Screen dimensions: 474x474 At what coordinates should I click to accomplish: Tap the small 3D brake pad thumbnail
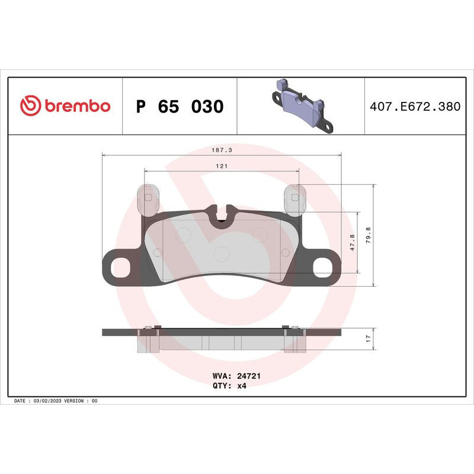point(301,107)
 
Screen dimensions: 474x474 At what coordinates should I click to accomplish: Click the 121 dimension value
point(222,166)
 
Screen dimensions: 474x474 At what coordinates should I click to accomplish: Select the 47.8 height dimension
point(353,243)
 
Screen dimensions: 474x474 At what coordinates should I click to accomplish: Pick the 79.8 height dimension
point(368,236)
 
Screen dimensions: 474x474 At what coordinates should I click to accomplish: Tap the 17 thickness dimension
point(368,338)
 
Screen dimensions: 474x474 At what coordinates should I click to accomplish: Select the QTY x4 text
point(228,385)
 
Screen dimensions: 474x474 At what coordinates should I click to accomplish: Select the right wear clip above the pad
point(294,199)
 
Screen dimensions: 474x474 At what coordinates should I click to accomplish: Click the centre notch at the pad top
point(223,213)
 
